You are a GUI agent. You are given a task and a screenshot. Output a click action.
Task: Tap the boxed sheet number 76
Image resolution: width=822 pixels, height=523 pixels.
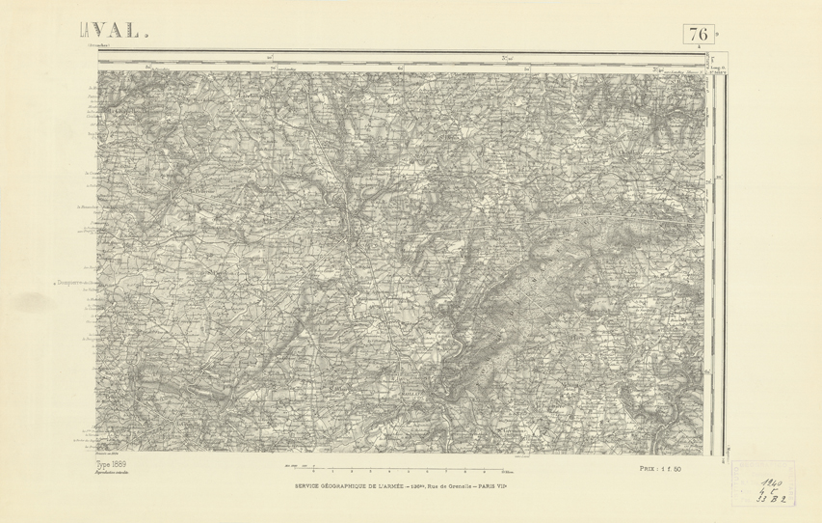tap(699, 34)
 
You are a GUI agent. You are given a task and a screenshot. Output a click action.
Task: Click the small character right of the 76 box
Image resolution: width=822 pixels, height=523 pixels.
tap(717, 31)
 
